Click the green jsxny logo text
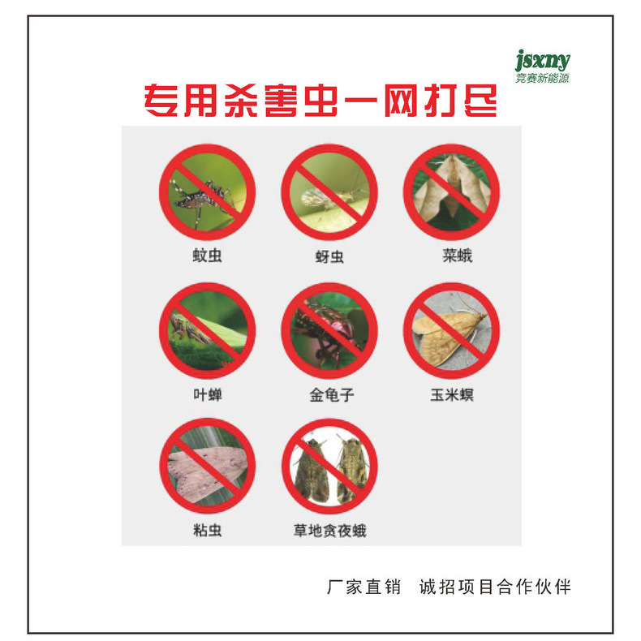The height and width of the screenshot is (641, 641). (542, 61)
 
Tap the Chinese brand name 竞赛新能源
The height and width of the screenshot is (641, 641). (542, 78)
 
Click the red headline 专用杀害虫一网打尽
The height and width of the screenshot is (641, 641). (320, 101)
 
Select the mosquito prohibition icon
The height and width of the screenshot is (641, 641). (207, 192)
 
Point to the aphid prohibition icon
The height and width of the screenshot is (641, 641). (329, 192)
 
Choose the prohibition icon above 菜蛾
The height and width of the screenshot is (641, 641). (451, 192)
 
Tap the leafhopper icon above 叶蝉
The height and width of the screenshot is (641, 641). (207, 331)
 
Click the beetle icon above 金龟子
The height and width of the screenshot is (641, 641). (329, 331)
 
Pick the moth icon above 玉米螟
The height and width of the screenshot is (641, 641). (451, 331)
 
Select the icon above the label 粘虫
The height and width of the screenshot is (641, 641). (207, 466)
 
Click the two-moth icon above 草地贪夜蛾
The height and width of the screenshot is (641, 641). (329, 466)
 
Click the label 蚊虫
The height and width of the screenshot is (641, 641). (207, 256)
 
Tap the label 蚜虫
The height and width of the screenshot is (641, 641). (329, 256)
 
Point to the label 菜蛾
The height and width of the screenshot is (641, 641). (458, 256)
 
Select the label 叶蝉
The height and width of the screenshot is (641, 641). (208, 395)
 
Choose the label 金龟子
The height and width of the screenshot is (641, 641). (332, 395)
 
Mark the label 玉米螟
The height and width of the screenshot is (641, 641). (452, 395)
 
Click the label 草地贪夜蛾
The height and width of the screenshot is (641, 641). (330, 531)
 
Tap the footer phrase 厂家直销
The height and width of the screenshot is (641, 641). (364, 587)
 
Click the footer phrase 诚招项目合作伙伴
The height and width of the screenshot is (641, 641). (495, 587)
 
